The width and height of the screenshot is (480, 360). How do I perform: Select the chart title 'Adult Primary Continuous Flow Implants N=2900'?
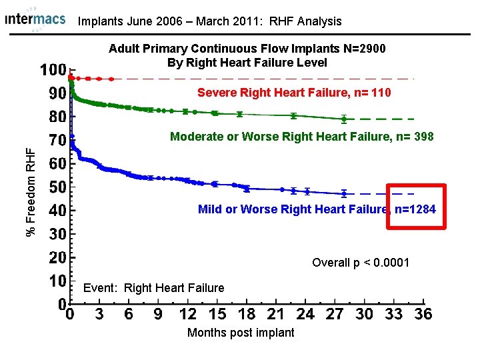pyautogui.click(x=247, y=49)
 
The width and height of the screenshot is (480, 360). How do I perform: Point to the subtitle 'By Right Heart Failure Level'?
pyautogui.click(x=247, y=63)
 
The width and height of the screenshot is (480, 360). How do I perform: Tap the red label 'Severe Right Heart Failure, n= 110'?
pyautogui.click(x=294, y=92)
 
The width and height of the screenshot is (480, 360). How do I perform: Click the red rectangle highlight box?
pyautogui.click(x=415, y=205)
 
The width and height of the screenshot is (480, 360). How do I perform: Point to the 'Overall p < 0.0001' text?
pyautogui.click(x=360, y=263)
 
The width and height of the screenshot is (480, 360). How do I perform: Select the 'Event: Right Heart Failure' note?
pyautogui.click(x=153, y=288)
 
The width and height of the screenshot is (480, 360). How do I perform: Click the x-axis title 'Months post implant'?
pyautogui.click(x=241, y=333)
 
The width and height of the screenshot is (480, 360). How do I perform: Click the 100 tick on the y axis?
pyautogui.click(x=53, y=70)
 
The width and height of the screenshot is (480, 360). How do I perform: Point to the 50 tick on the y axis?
pyautogui.click(x=56, y=187)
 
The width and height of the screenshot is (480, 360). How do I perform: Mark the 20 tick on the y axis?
pyautogui.click(x=56, y=257)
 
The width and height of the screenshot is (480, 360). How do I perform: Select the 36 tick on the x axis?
pyautogui.click(x=423, y=314)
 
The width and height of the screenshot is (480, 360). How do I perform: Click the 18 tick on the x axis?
pyautogui.click(x=246, y=314)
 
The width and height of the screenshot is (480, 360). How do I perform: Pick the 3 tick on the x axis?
pyautogui.click(x=99, y=314)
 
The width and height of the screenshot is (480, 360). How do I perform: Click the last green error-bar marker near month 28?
pyautogui.click(x=344, y=119)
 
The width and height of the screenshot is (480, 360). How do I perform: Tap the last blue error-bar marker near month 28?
pyautogui.click(x=344, y=194)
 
